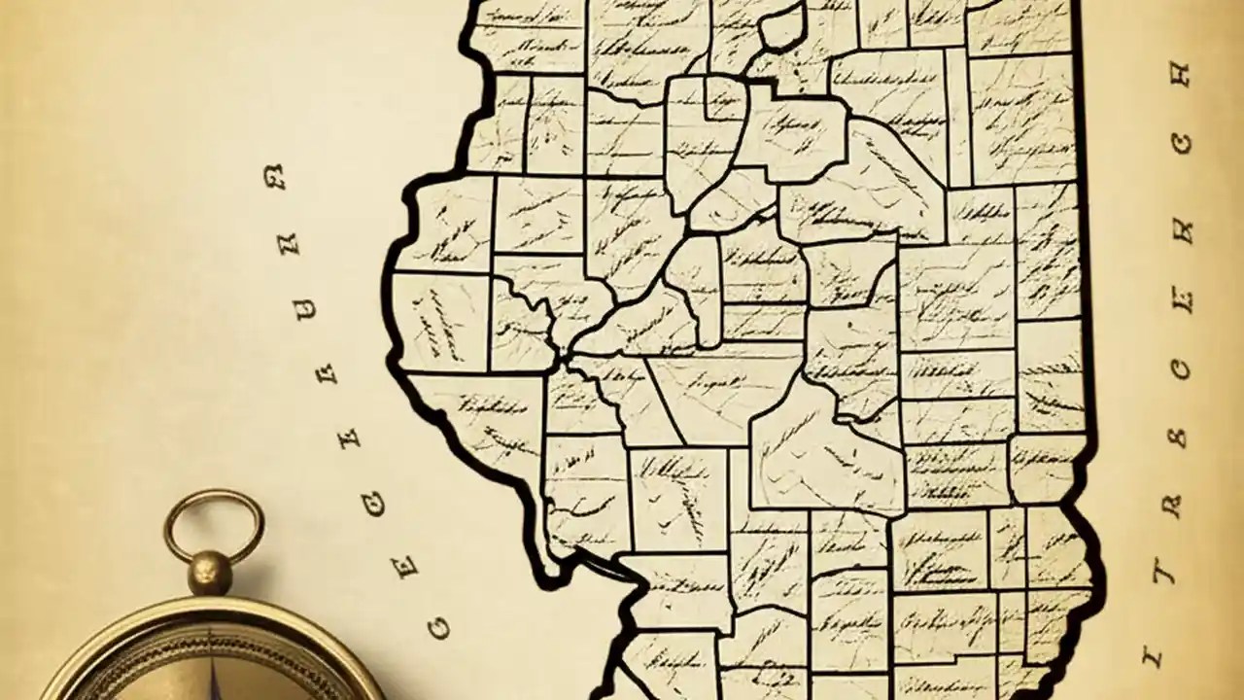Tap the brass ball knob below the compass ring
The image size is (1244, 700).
pos(211,573)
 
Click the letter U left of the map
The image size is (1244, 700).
pos(306,310)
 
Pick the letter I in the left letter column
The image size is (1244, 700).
pos(346,437)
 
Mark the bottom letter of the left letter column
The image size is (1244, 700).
pos(438,629)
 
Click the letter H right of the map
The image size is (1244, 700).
pos(1179,76)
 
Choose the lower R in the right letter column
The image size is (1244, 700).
pos(1173,506)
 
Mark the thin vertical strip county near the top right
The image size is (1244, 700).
pos(957,117)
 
